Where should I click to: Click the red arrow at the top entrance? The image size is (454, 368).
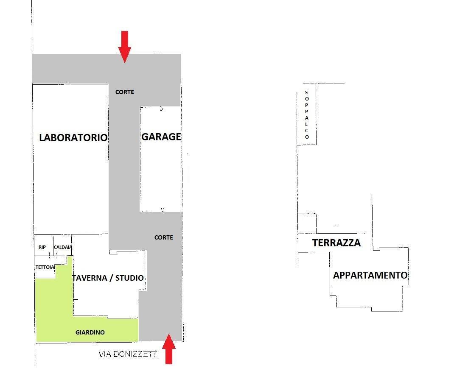coord(124,46)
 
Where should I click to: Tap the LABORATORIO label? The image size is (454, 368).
coord(73,138)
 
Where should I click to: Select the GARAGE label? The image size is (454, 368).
coord(161,137)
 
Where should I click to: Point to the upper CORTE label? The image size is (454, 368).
coord(125,92)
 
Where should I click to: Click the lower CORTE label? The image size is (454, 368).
coord(163,237)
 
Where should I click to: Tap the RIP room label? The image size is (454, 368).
coord(42,247)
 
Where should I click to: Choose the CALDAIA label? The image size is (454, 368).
coord(63,247)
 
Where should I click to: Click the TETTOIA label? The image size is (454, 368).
coord(45,267)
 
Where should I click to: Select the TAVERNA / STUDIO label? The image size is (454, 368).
coord(108,278)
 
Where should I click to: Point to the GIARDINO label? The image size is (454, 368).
coord(90,332)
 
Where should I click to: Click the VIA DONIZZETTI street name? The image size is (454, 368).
coord(129,354)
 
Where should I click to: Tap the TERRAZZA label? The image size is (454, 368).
coord(336,243)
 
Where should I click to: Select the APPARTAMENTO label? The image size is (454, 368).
coord(370,275)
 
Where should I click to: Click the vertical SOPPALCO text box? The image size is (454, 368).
coord(306,114)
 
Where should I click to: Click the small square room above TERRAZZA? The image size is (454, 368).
coord(307,223)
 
